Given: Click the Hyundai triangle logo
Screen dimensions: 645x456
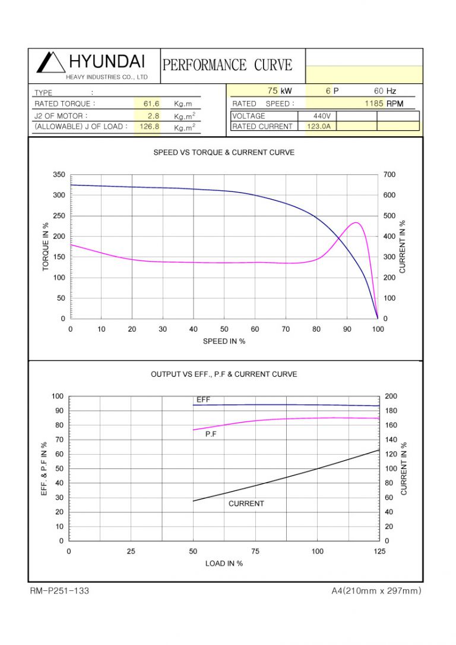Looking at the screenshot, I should (50, 62).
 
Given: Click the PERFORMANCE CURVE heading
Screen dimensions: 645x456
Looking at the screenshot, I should (227, 65).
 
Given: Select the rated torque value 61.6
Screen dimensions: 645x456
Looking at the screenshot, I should (152, 103).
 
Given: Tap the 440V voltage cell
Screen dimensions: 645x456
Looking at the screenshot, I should (325, 116).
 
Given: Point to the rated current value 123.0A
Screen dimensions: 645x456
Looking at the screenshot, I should (321, 127).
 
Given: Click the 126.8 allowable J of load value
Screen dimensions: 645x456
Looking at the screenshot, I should (150, 127).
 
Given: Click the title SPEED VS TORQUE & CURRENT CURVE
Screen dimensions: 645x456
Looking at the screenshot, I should (224, 153).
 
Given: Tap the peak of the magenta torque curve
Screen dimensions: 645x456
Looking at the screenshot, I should (356, 223).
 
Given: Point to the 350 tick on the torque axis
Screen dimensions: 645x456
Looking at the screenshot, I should (58, 175).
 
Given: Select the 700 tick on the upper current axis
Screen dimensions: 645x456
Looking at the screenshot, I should (389, 175).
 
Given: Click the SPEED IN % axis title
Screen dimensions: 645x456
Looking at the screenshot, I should (224, 341).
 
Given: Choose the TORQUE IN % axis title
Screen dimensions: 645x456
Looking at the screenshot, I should (46, 247).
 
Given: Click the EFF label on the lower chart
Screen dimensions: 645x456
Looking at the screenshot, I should (203, 400).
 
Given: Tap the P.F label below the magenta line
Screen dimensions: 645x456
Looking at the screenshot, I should (211, 435).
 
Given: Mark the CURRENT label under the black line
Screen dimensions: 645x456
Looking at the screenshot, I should (246, 504).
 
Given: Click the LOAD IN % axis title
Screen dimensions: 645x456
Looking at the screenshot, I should (224, 564).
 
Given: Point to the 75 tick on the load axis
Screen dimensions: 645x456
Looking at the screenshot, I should (255, 552).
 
